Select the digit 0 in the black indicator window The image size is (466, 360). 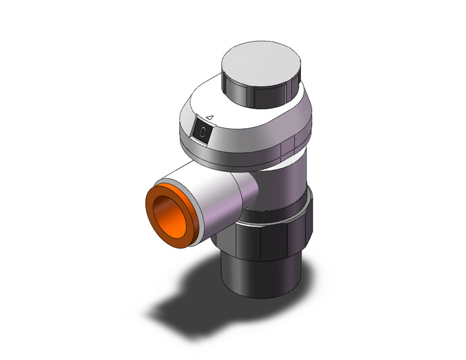click(203, 130)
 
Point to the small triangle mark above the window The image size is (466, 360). click(209, 116)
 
